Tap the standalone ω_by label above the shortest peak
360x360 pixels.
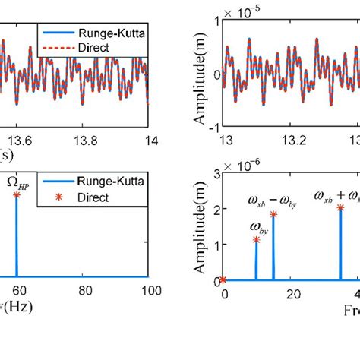coord(256,226)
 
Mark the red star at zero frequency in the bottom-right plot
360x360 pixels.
coord(223,280)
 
